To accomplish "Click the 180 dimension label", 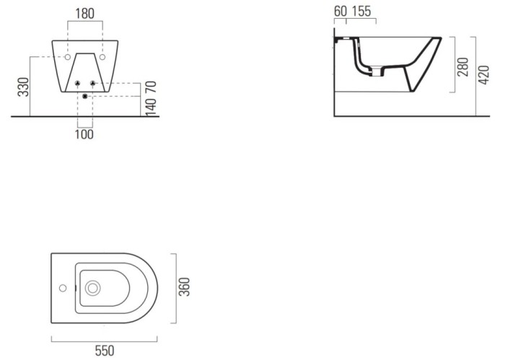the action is click(84, 14).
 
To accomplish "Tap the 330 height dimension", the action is click(24, 87).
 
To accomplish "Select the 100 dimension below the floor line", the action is click(84, 134).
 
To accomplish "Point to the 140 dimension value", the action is click(151, 105).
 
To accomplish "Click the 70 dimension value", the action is click(151, 87).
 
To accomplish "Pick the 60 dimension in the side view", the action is click(341, 12).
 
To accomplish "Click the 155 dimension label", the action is click(361, 12).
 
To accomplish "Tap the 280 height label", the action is click(463, 67).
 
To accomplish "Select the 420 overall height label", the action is click(484, 75).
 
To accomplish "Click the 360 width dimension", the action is click(185, 286).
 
